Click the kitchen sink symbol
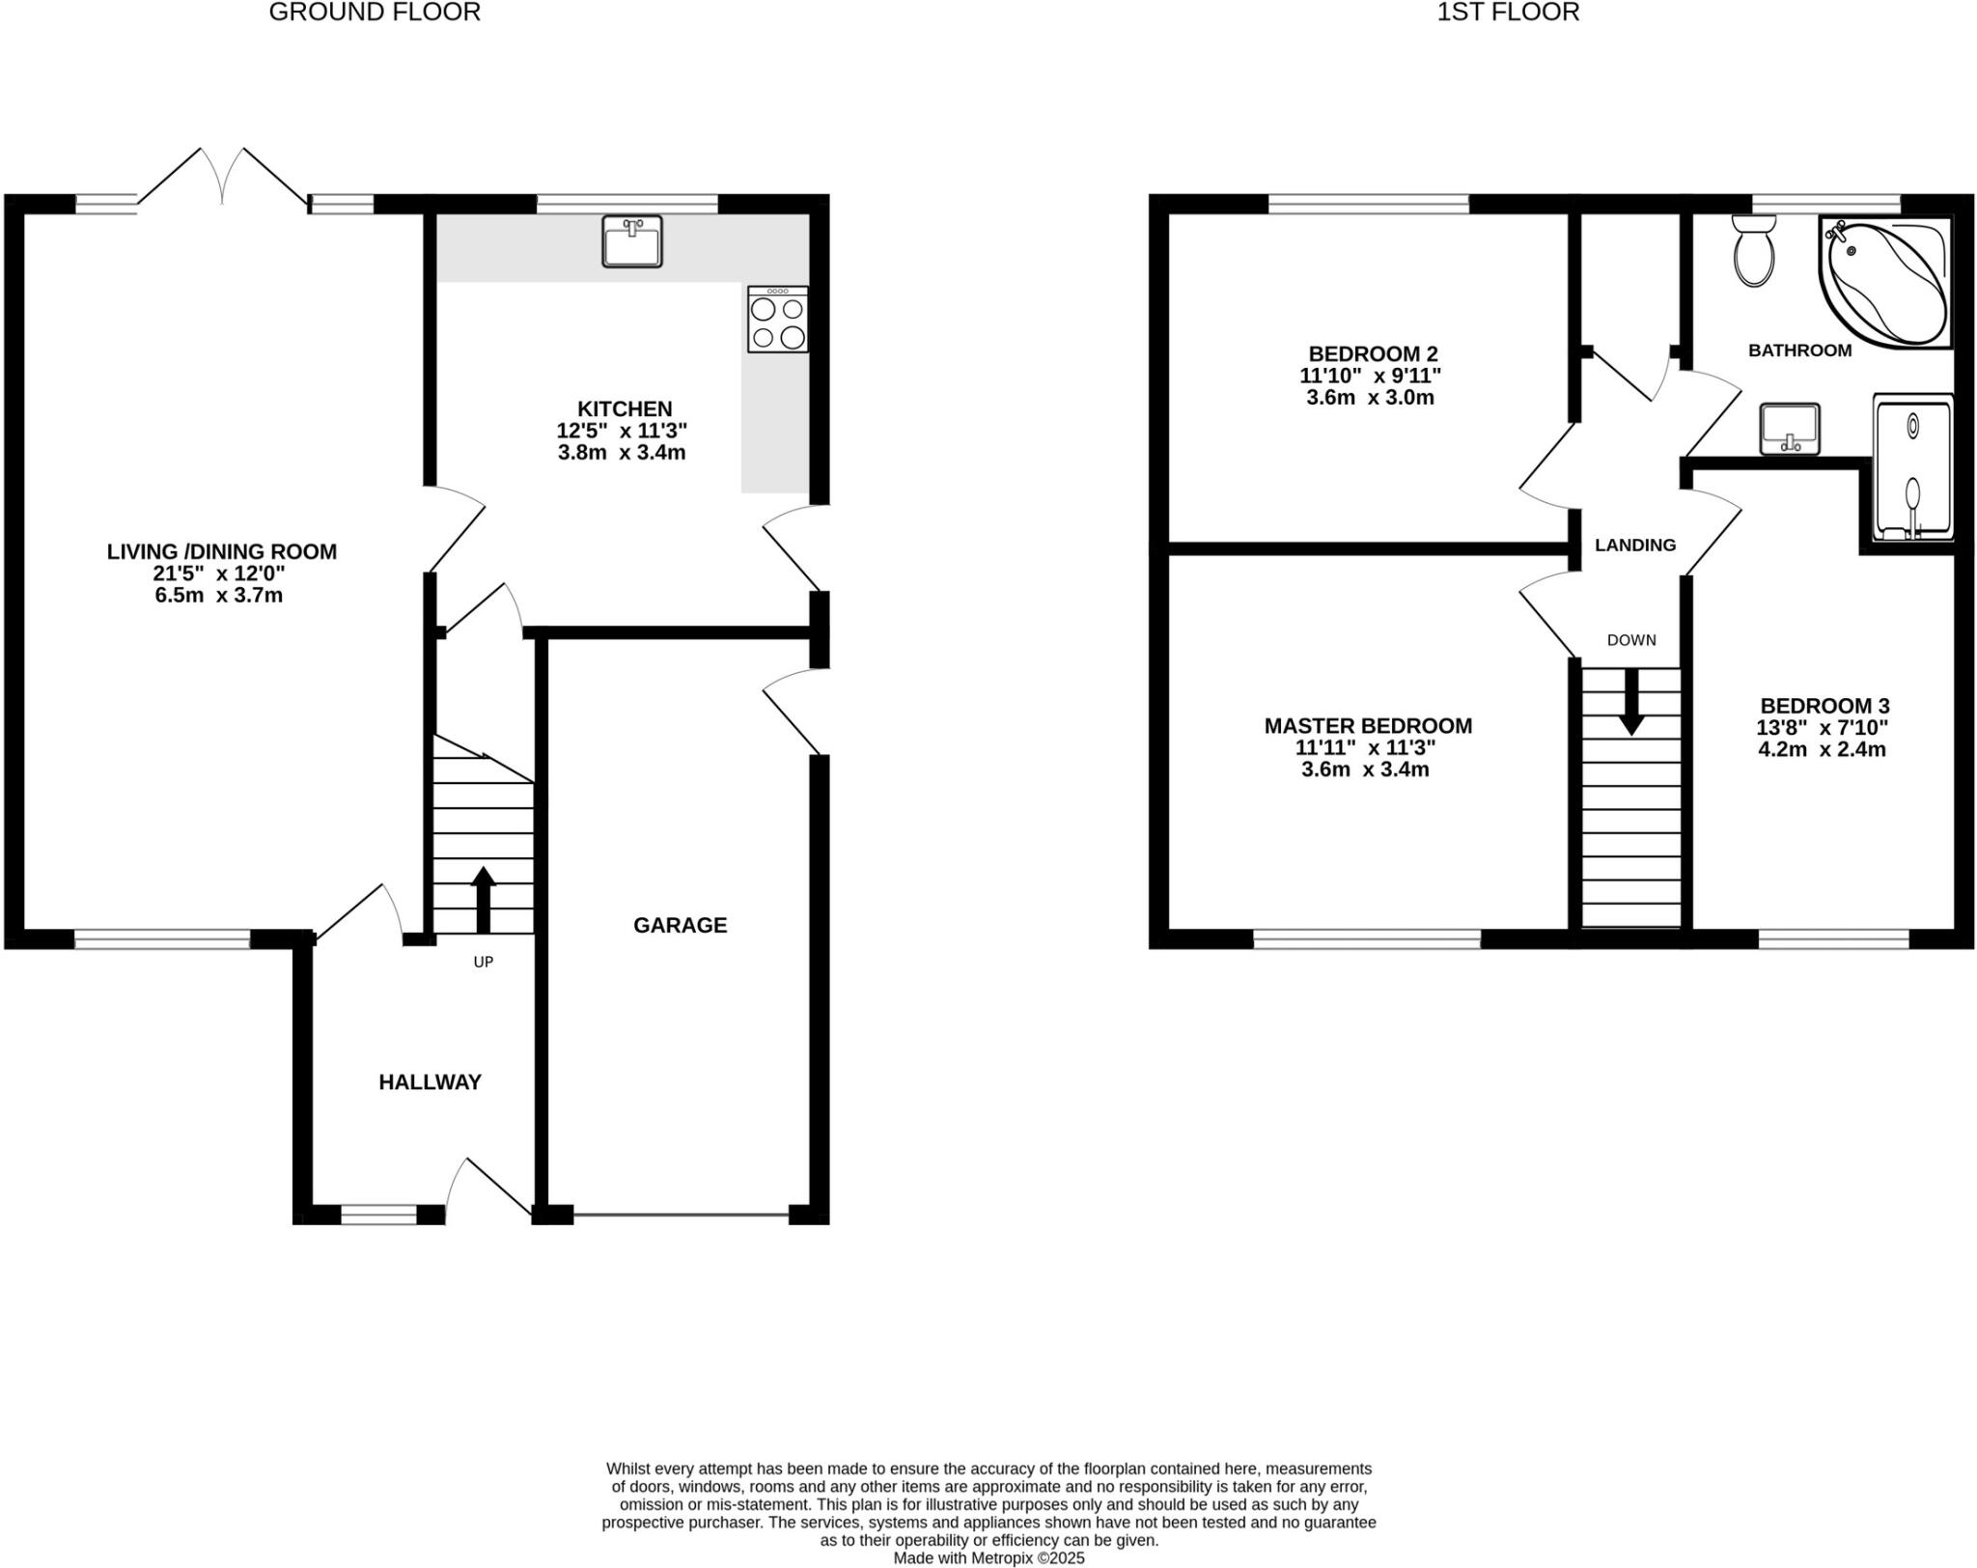point(631,241)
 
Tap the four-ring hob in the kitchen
point(777,320)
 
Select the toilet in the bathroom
point(1753,251)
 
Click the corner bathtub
point(1884,281)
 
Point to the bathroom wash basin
point(1789,429)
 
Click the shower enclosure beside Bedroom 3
point(1911,468)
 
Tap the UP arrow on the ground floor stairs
point(483,898)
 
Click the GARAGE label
point(680,925)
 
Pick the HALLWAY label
point(430,1082)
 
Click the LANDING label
point(1634,545)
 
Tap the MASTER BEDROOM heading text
point(1368,726)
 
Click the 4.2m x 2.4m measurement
point(1822,749)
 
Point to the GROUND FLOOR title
point(375,13)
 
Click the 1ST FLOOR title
point(1508,13)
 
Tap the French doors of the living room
point(223,179)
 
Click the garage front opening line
point(681,1215)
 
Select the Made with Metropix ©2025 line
point(988,1557)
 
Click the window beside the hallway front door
point(378,1215)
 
